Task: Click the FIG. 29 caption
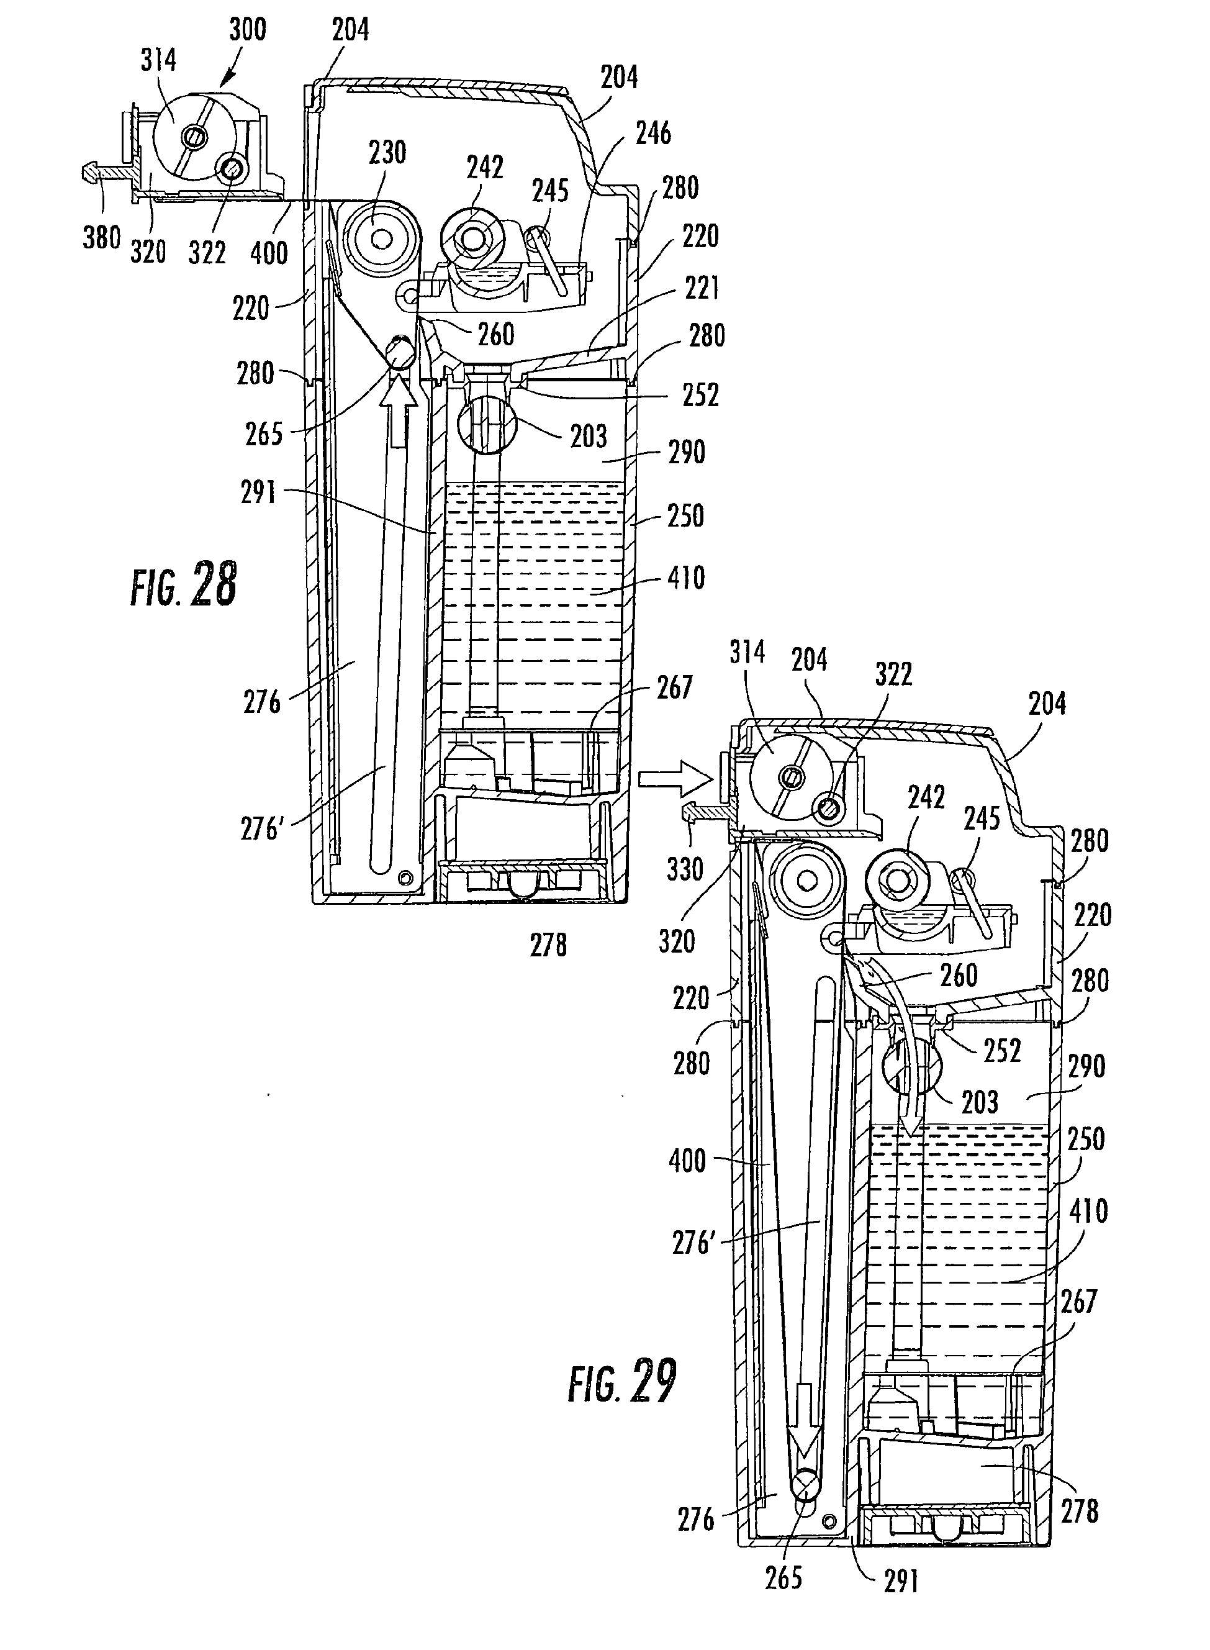(622, 1380)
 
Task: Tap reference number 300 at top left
(248, 30)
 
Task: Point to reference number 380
(101, 238)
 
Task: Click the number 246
(652, 134)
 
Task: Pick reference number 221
(701, 289)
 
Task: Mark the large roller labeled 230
(382, 239)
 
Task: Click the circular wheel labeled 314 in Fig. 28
(194, 136)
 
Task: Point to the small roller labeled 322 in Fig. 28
(232, 170)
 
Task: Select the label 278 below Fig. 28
(549, 946)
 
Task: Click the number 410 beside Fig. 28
(686, 578)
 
